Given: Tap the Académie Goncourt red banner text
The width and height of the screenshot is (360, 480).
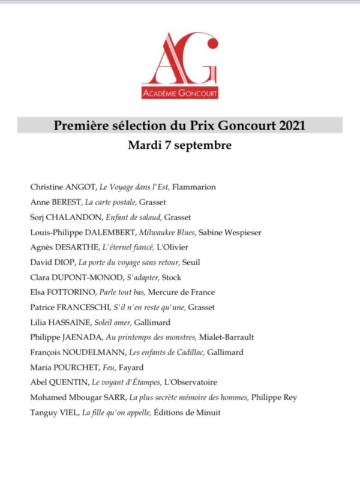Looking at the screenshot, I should (180, 93).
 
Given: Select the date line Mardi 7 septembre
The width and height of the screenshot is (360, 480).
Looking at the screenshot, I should (179, 145).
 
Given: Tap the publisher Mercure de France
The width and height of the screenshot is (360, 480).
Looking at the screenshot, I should (183, 292).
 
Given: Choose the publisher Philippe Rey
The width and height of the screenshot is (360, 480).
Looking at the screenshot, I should (274, 398).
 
